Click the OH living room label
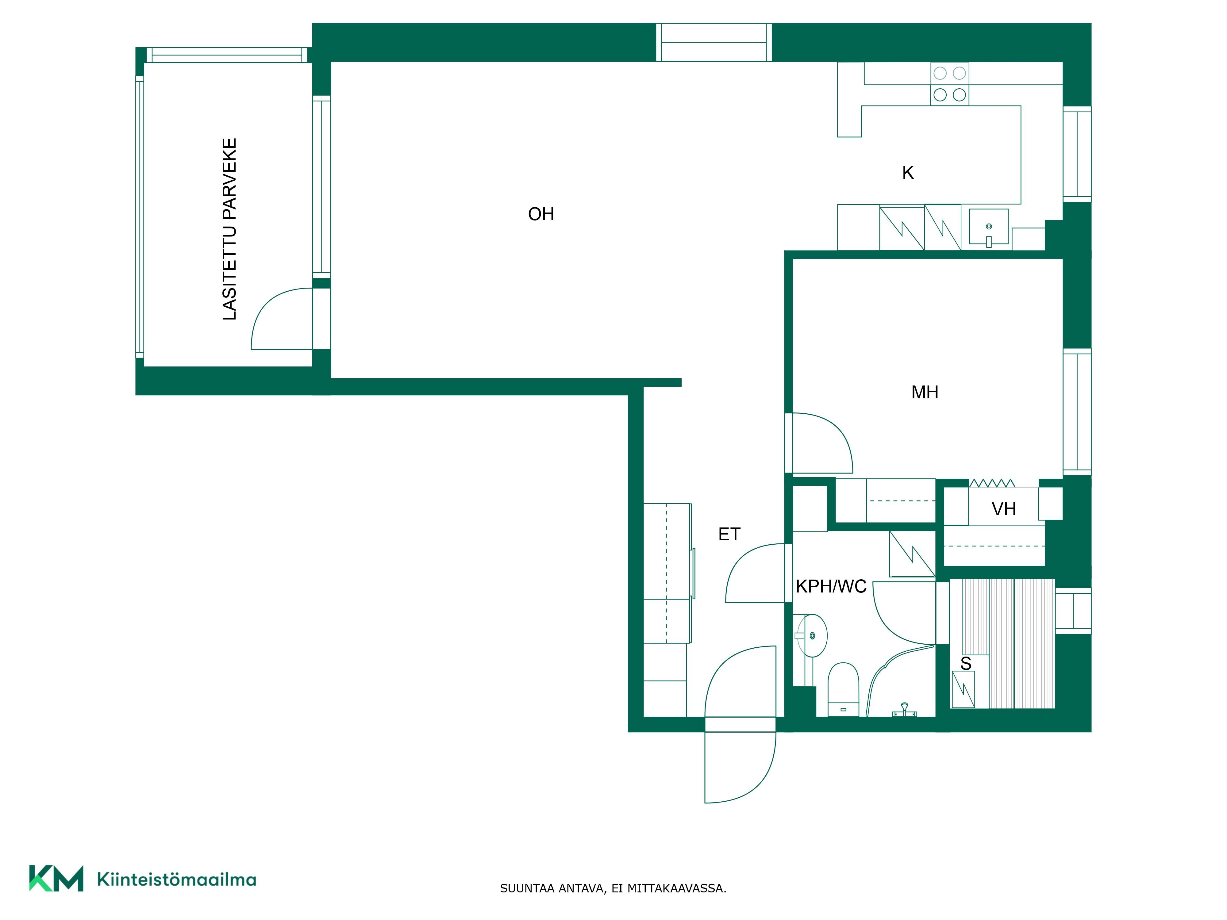pos(541,214)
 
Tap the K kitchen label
pos(907,173)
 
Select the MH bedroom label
pos(925,393)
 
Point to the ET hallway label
pos(729,534)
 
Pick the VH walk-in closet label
pos(1003,509)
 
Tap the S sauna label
pos(966,663)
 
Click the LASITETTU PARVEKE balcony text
pos(229,229)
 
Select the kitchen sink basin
pos(988,227)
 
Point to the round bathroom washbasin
pos(812,635)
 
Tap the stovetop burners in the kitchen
pos(949,84)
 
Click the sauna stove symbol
pos(963,689)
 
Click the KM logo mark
pos(56,878)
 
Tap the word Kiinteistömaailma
pos(176,879)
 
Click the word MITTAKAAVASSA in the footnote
pos(676,888)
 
